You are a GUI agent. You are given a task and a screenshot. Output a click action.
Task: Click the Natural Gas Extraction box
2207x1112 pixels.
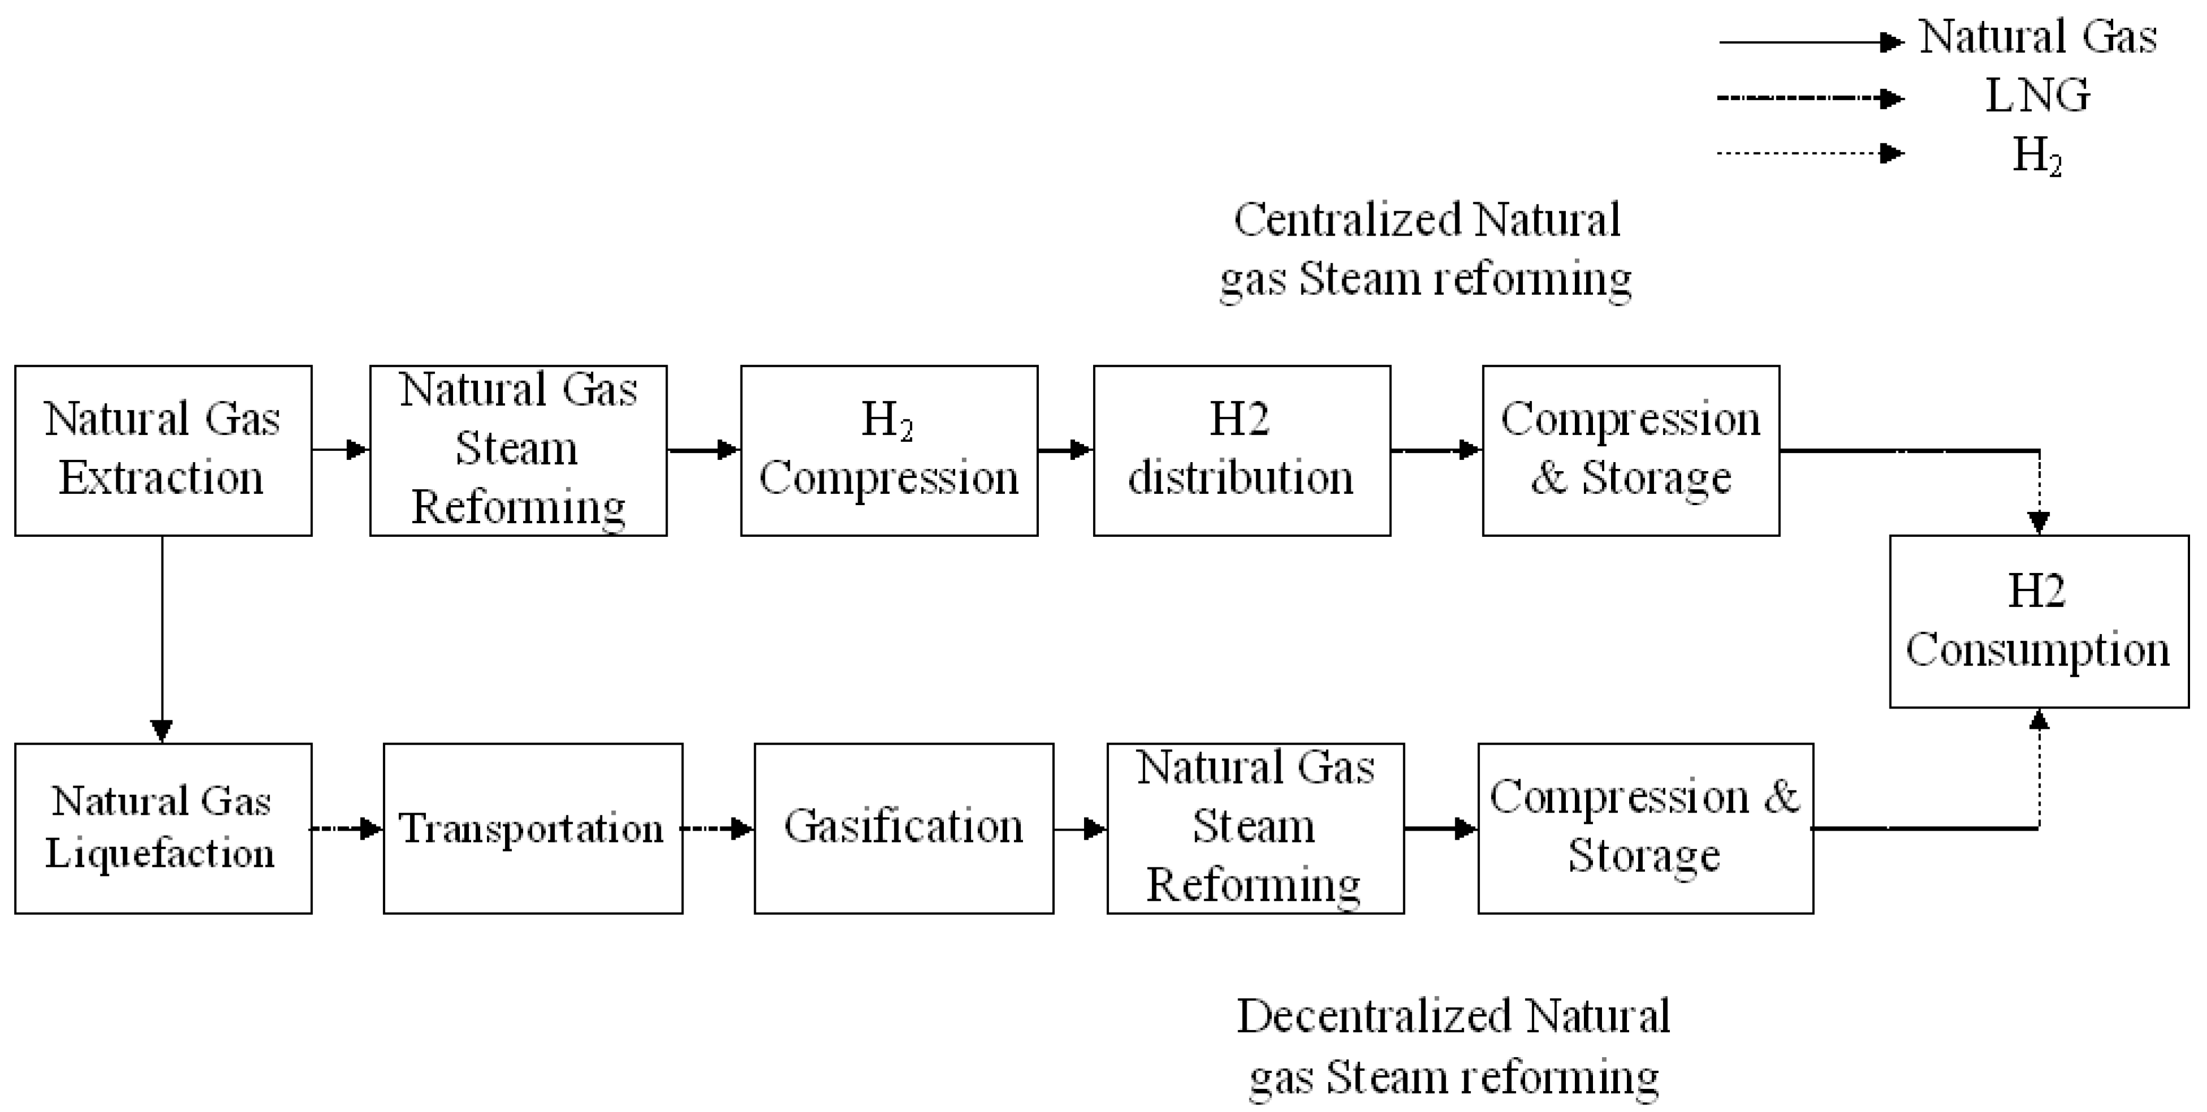point(163,451)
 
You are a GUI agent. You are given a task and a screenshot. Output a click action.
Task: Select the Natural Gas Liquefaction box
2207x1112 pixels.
point(163,828)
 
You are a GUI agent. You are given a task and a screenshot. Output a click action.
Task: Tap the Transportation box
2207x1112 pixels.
point(532,828)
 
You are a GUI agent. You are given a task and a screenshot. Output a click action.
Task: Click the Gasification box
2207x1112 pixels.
point(903,828)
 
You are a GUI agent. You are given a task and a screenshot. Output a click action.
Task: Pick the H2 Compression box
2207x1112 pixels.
point(889,451)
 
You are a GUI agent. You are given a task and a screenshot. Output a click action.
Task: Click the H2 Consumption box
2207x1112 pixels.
point(2038,621)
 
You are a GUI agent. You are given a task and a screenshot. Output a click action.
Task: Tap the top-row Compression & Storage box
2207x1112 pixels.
point(1630,451)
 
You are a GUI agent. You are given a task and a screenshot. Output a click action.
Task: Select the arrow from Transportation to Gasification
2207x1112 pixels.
point(718,828)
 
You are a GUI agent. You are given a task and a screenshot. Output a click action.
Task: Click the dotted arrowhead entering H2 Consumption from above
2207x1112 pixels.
point(2039,521)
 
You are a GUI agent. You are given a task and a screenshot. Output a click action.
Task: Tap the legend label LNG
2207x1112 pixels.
point(2038,95)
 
